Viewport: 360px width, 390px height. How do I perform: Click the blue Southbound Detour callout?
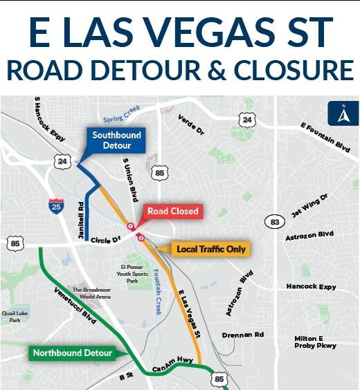point(116,140)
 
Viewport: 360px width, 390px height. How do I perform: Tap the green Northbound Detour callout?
point(72,353)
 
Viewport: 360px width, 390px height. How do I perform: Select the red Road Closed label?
point(172,211)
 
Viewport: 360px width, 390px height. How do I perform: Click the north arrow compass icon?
point(340,114)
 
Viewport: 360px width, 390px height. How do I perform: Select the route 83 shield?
point(271,221)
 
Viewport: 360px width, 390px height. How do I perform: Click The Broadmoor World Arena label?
point(92,292)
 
